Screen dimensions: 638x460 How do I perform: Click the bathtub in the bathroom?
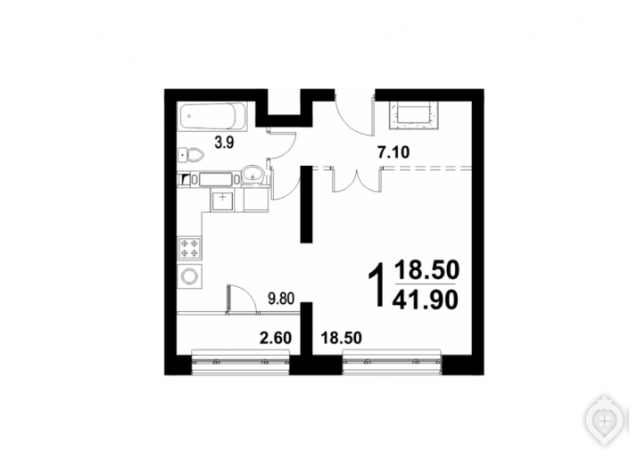[x=212, y=117]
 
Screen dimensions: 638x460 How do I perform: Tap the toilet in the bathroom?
[x=190, y=155]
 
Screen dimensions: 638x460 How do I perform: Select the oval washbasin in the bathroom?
[x=253, y=175]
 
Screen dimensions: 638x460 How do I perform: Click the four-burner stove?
[x=189, y=249]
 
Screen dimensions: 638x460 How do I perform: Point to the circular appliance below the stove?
[x=189, y=276]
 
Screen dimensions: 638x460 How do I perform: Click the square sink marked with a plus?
[x=222, y=200]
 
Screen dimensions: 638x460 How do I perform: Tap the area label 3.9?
[x=224, y=143]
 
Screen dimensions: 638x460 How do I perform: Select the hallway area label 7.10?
[x=394, y=152]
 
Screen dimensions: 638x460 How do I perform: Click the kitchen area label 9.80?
[x=281, y=299]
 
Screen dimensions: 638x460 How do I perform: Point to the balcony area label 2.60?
[x=276, y=338]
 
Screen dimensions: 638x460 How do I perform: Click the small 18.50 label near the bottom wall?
[x=342, y=338]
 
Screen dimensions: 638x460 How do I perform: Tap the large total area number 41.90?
[x=426, y=300]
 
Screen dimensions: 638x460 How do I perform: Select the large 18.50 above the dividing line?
[x=427, y=270]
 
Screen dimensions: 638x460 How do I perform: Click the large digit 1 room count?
[x=377, y=284]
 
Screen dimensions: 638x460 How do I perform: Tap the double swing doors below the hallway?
[x=357, y=181]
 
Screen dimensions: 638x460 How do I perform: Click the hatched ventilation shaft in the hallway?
[x=414, y=115]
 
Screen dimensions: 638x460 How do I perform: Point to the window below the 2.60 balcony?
[x=240, y=362]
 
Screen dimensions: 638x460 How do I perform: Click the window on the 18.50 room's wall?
[x=392, y=362]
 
